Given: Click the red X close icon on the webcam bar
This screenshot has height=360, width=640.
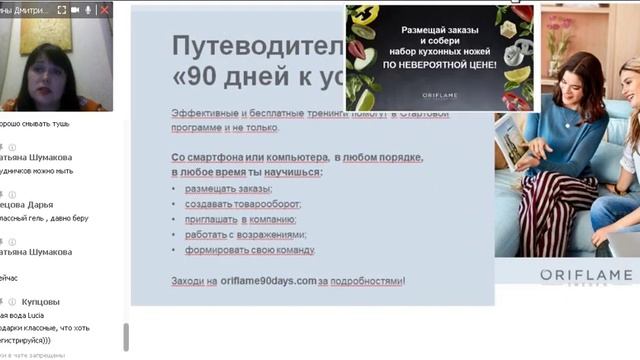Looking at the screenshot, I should click(x=105, y=9).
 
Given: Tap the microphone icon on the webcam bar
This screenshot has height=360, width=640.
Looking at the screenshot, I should click(x=88, y=9).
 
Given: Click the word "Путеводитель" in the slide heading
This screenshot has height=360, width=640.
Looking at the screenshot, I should click(x=250, y=47).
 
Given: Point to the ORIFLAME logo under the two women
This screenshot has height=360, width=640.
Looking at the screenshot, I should click(x=586, y=275).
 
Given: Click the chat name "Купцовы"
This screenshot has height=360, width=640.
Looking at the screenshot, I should click(x=40, y=301).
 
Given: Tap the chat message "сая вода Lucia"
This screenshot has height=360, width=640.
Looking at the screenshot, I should click(x=24, y=314).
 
